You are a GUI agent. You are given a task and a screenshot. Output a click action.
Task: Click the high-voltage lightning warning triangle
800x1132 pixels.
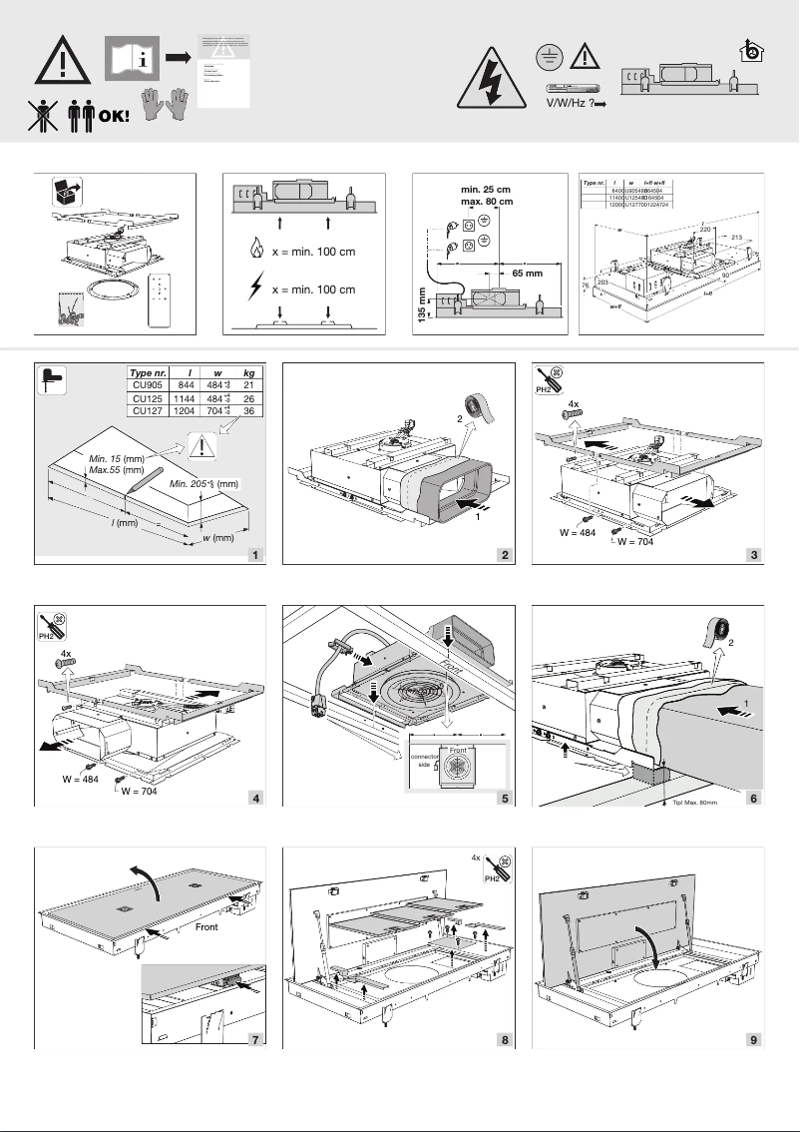click(489, 80)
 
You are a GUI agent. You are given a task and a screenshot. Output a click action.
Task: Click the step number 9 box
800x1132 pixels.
click(753, 1039)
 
